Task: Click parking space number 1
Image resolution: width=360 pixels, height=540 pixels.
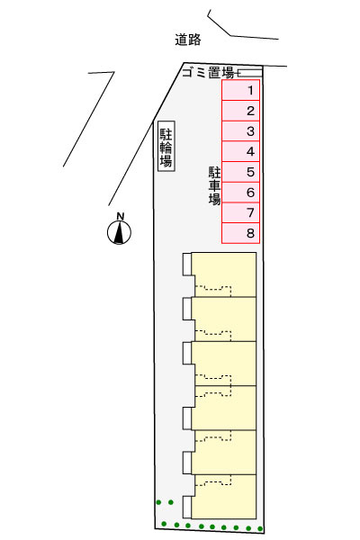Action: click(x=240, y=90)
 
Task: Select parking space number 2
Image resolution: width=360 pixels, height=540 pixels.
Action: click(x=240, y=111)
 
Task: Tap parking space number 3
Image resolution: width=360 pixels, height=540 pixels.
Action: click(x=240, y=130)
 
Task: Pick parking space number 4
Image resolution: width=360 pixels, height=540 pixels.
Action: click(x=240, y=151)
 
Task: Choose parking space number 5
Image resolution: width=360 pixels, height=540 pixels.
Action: click(x=240, y=172)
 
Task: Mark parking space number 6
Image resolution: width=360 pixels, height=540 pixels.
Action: click(x=240, y=193)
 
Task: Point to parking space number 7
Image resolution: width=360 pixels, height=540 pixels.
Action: click(x=240, y=212)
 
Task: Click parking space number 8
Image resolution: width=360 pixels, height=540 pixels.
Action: click(x=240, y=233)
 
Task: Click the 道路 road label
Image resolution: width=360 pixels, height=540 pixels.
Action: click(x=188, y=40)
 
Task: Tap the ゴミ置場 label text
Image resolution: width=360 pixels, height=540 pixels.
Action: click(x=208, y=73)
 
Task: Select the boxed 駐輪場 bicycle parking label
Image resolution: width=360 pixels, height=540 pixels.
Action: click(x=166, y=146)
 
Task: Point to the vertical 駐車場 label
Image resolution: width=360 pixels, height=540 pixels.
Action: click(x=214, y=185)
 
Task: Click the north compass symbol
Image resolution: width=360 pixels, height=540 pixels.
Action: click(x=119, y=233)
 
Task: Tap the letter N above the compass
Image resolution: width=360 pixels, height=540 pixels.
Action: click(x=120, y=217)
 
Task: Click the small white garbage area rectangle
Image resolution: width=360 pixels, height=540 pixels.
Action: click(x=250, y=73)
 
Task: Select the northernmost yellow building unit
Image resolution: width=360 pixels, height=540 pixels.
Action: click(x=224, y=274)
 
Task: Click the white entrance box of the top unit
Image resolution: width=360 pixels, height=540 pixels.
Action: click(x=187, y=264)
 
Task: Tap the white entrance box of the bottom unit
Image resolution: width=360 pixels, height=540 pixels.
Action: click(x=187, y=507)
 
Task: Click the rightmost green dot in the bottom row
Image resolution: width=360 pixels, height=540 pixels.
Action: click(x=260, y=528)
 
